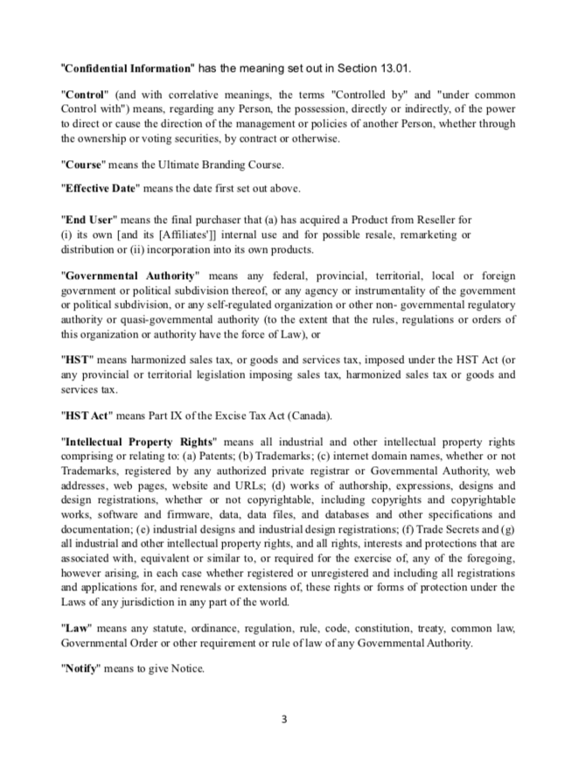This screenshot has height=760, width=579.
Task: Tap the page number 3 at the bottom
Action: (x=283, y=720)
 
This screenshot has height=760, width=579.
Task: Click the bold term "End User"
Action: (x=90, y=219)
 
